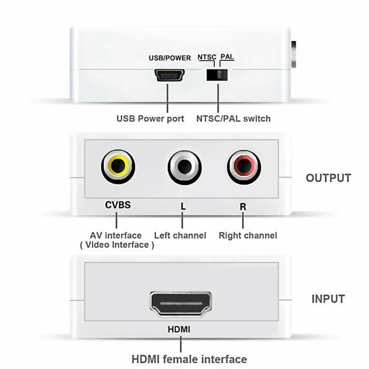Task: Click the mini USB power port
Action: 170,75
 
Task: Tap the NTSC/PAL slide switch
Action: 218,74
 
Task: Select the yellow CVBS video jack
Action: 118,165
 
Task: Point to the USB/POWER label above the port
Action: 169,58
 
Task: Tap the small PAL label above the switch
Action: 227,57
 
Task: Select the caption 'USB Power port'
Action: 150,119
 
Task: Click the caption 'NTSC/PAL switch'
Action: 233,119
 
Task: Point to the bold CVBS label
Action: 118,205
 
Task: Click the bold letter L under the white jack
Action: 183,207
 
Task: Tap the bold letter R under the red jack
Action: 243,206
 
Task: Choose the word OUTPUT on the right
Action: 328,178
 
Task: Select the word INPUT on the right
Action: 328,298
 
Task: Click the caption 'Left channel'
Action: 180,235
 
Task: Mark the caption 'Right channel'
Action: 248,235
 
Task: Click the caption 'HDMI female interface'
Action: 189,358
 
